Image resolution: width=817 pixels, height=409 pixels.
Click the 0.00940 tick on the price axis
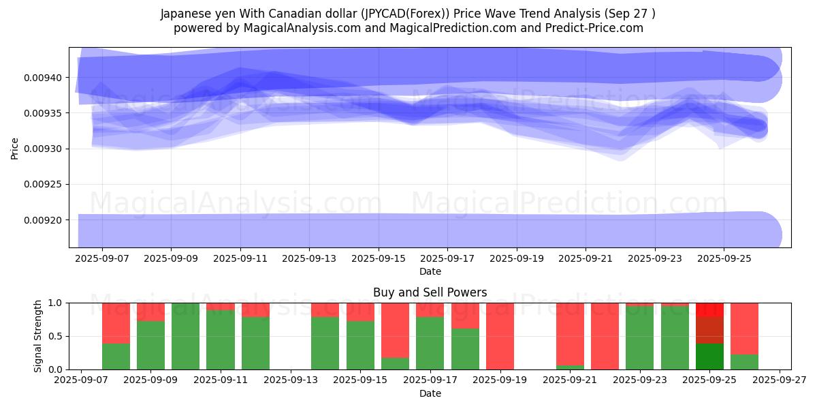pyautogui.click(x=43, y=78)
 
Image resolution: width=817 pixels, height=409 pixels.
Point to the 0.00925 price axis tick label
pyautogui.click(x=43, y=184)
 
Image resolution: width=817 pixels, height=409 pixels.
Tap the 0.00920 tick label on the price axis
pyautogui.click(x=43, y=220)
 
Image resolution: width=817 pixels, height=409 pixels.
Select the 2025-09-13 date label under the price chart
pyautogui.click(x=309, y=259)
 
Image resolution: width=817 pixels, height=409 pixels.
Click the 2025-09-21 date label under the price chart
pyautogui.click(x=586, y=259)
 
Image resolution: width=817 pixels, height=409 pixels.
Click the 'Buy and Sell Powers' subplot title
pyautogui.click(x=430, y=292)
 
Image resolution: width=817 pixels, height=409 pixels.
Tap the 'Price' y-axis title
pyautogui.click(x=15, y=148)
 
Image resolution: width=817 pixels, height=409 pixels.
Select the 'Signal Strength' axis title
pyautogui.click(x=38, y=336)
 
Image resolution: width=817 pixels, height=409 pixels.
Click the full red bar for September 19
pyautogui.click(x=500, y=336)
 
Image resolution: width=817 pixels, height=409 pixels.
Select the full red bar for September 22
pyautogui.click(x=605, y=336)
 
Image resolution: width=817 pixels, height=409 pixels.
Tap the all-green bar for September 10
pyautogui.click(x=186, y=336)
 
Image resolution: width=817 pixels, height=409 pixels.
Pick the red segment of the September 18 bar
pyautogui.click(x=465, y=316)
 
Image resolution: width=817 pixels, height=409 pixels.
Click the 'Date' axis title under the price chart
pyautogui.click(x=430, y=271)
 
